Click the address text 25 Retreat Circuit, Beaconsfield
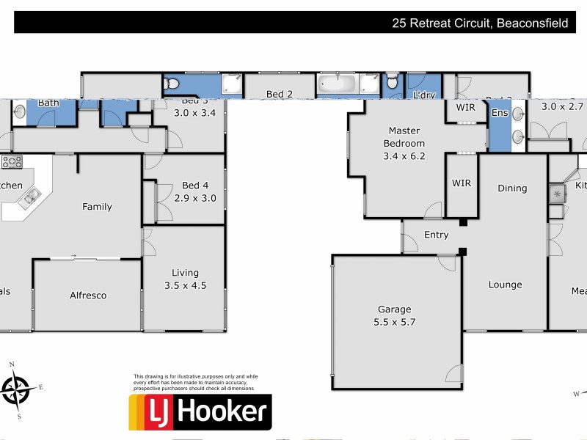tap(480, 23)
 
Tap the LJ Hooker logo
tap(200, 412)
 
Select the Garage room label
tap(395, 309)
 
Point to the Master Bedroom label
tap(404, 137)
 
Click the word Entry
tap(436, 235)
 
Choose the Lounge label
tap(505, 285)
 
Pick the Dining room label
tap(512, 188)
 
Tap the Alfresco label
tap(88, 296)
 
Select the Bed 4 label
tap(195, 186)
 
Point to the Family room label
tap(97, 207)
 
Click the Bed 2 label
tap(280, 94)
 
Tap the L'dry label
tap(425, 95)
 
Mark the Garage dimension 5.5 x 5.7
tap(395, 321)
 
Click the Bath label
tap(48, 103)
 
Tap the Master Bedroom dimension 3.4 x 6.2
tap(404, 155)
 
